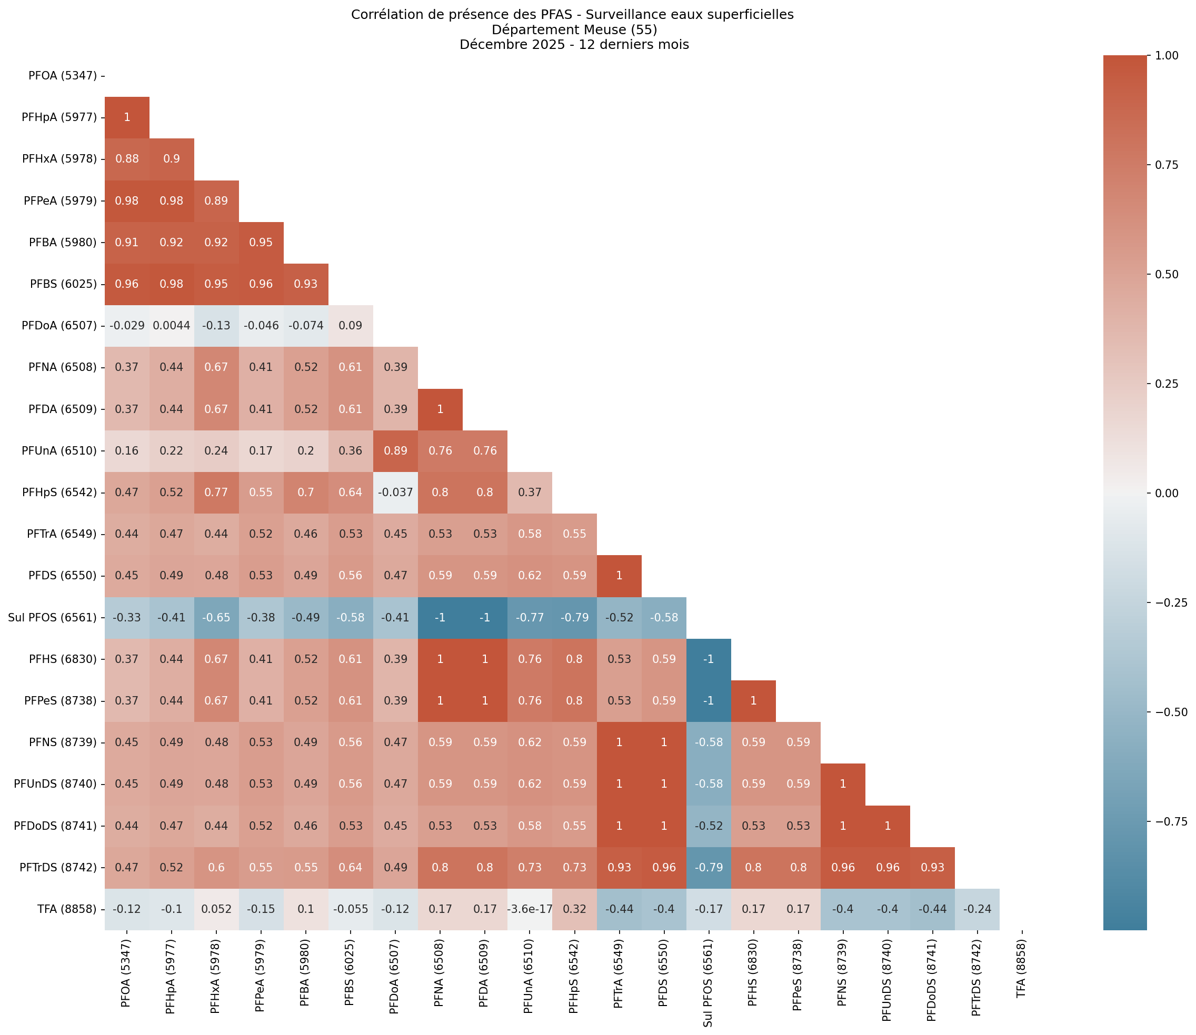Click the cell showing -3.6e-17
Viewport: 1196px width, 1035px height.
click(x=529, y=909)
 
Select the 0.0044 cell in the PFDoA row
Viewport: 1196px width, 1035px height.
click(x=172, y=326)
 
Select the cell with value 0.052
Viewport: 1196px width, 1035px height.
click(x=216, y=909)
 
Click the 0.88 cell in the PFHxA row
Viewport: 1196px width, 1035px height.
click(x=127, y=159)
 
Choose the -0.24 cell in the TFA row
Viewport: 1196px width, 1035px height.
click(x=977, y=909)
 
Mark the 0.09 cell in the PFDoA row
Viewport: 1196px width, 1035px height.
click(x=350, y=326)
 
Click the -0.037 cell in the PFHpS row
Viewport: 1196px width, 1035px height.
click(x=395, y=493)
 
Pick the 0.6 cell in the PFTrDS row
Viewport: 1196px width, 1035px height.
click(x=216, y=868)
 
